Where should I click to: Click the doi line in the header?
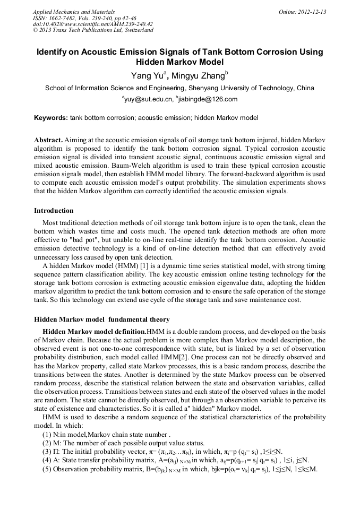(x=92, y=24)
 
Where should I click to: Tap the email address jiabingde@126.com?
(x=209, y=99)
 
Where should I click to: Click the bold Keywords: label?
(x=51, y=117)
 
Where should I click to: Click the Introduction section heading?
(x=54, y=211)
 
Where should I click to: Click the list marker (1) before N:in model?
(x=47, y=434)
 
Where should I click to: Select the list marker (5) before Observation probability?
(x=47, y=469)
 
